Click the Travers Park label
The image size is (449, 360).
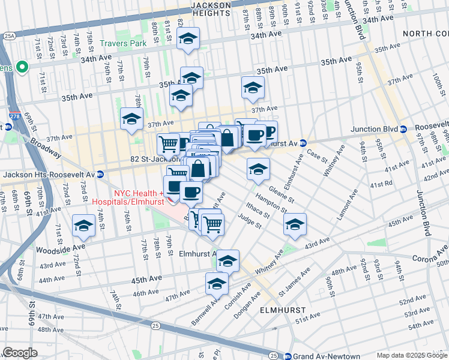[x=123, y=43]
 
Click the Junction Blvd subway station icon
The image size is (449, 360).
[x=403, y=129]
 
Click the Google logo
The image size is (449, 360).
[x=19, y=353]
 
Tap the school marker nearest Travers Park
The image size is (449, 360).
[x=131, y=118]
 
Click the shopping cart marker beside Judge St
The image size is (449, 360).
[x=212, y=224]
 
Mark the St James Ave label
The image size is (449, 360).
[x=296, y=281]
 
